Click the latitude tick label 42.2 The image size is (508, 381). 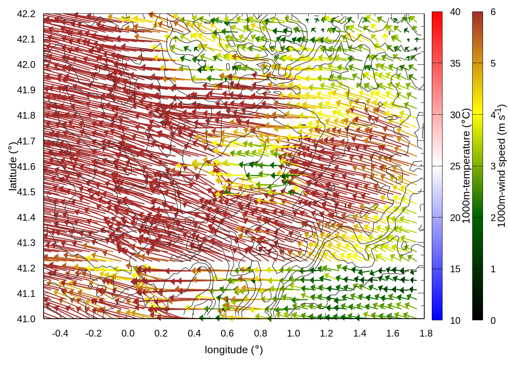(26, 14)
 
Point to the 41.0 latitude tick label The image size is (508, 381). (26, 319)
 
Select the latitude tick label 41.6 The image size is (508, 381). (26, 167)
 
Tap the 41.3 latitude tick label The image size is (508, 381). (26, 243)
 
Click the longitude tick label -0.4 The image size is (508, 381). (60, 333)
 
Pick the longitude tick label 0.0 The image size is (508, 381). (128, 333)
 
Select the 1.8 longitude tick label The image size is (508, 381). (426, 333)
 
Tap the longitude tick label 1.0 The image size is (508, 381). (293, 333)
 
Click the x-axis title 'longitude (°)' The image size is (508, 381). (234, 350)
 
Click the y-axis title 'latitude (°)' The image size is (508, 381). (13, 166)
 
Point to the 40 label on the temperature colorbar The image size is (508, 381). (455, 12)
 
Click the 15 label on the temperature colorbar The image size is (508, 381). (455, 269)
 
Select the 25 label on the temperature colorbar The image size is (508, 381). (455, 166)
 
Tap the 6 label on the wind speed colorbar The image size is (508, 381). (493, 12)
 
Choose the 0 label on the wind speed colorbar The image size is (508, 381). (493, 321)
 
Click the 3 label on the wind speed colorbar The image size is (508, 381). (493, 166)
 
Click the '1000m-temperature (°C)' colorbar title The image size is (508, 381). (467, 166)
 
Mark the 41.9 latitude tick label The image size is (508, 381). (26, 90)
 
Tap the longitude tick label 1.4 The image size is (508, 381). (360, 333)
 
